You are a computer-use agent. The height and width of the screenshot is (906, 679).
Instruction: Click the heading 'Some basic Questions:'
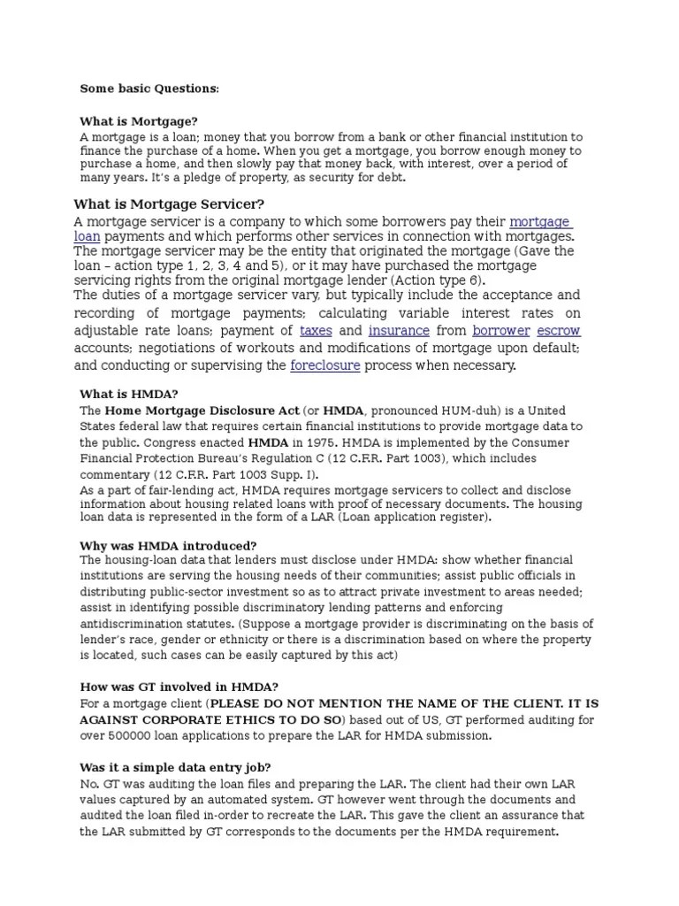[x=149, y=88]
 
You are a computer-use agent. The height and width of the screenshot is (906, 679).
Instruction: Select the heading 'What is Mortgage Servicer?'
[x=169, y=204]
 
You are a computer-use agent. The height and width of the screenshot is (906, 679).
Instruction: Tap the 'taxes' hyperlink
[x=316, y=330]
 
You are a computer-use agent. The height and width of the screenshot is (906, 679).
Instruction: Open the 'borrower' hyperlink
[x=501, y=330]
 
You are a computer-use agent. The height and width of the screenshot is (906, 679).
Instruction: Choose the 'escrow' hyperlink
[x=563, y=330]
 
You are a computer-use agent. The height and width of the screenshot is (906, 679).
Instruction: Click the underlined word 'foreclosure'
[x=324, y=365]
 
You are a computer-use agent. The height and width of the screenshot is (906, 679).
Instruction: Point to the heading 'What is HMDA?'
[x=129, y=394]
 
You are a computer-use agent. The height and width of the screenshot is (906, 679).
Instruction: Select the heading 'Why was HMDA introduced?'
[x=168, y=545]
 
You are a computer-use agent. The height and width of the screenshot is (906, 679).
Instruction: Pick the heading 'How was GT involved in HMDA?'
[x=179, y=687]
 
